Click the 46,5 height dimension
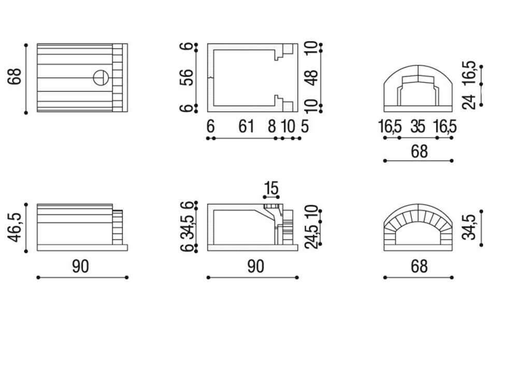[15, 227]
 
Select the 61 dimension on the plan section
[246, 127]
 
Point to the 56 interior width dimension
[186, 77]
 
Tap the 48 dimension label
[311, 77]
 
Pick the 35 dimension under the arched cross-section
[418, 127]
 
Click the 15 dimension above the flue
[271, 188]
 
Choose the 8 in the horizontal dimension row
[271, 127]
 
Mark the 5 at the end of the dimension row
[305, 127]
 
